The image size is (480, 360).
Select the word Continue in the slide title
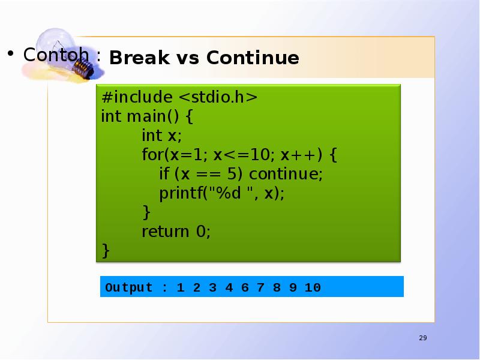pos(252,58)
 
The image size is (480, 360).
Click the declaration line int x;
pos(161,136)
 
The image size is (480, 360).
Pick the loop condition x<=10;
pos(244,155)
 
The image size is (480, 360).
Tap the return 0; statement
pos(176,232)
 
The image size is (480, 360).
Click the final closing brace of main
pos(106,250)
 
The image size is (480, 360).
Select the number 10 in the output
pos(313,287)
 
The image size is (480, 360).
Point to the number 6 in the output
pos(244,287)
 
